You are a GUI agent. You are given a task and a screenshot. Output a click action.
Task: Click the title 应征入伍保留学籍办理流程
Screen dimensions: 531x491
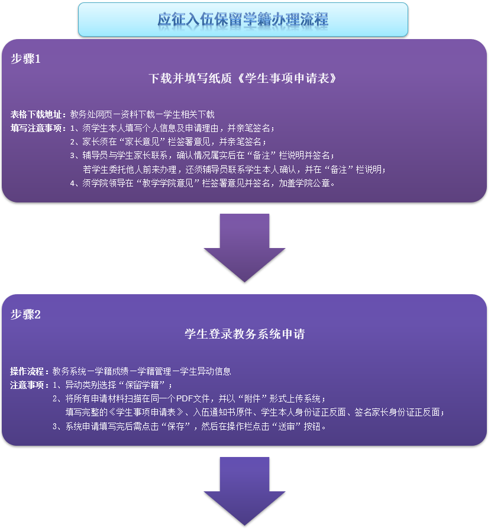point(243,20)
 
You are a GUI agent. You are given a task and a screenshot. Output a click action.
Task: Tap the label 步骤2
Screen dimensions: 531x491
point(25,314)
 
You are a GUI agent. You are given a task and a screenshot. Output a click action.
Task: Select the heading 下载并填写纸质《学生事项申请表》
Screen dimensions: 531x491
point(244,78)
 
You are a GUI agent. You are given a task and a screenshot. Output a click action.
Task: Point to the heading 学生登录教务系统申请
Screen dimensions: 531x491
point(244,334)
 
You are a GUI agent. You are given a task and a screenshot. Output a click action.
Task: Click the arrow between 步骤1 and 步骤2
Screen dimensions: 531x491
point(244,247)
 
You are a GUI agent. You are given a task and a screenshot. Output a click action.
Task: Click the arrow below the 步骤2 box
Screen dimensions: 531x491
point(244,490)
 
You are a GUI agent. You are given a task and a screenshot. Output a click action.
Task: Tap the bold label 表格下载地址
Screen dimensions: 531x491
point(38,114)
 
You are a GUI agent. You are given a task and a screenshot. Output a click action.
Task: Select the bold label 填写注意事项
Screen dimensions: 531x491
point(38,128)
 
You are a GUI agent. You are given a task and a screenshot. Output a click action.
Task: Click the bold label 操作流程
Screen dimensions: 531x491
point(30,372)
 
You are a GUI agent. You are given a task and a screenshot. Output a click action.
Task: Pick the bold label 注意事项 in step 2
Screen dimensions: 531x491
point(30,385)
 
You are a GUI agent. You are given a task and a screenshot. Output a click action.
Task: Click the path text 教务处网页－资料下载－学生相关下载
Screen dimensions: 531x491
point(143,114)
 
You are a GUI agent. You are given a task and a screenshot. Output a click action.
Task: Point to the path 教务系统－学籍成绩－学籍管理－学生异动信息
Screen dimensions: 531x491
point(141,372)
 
